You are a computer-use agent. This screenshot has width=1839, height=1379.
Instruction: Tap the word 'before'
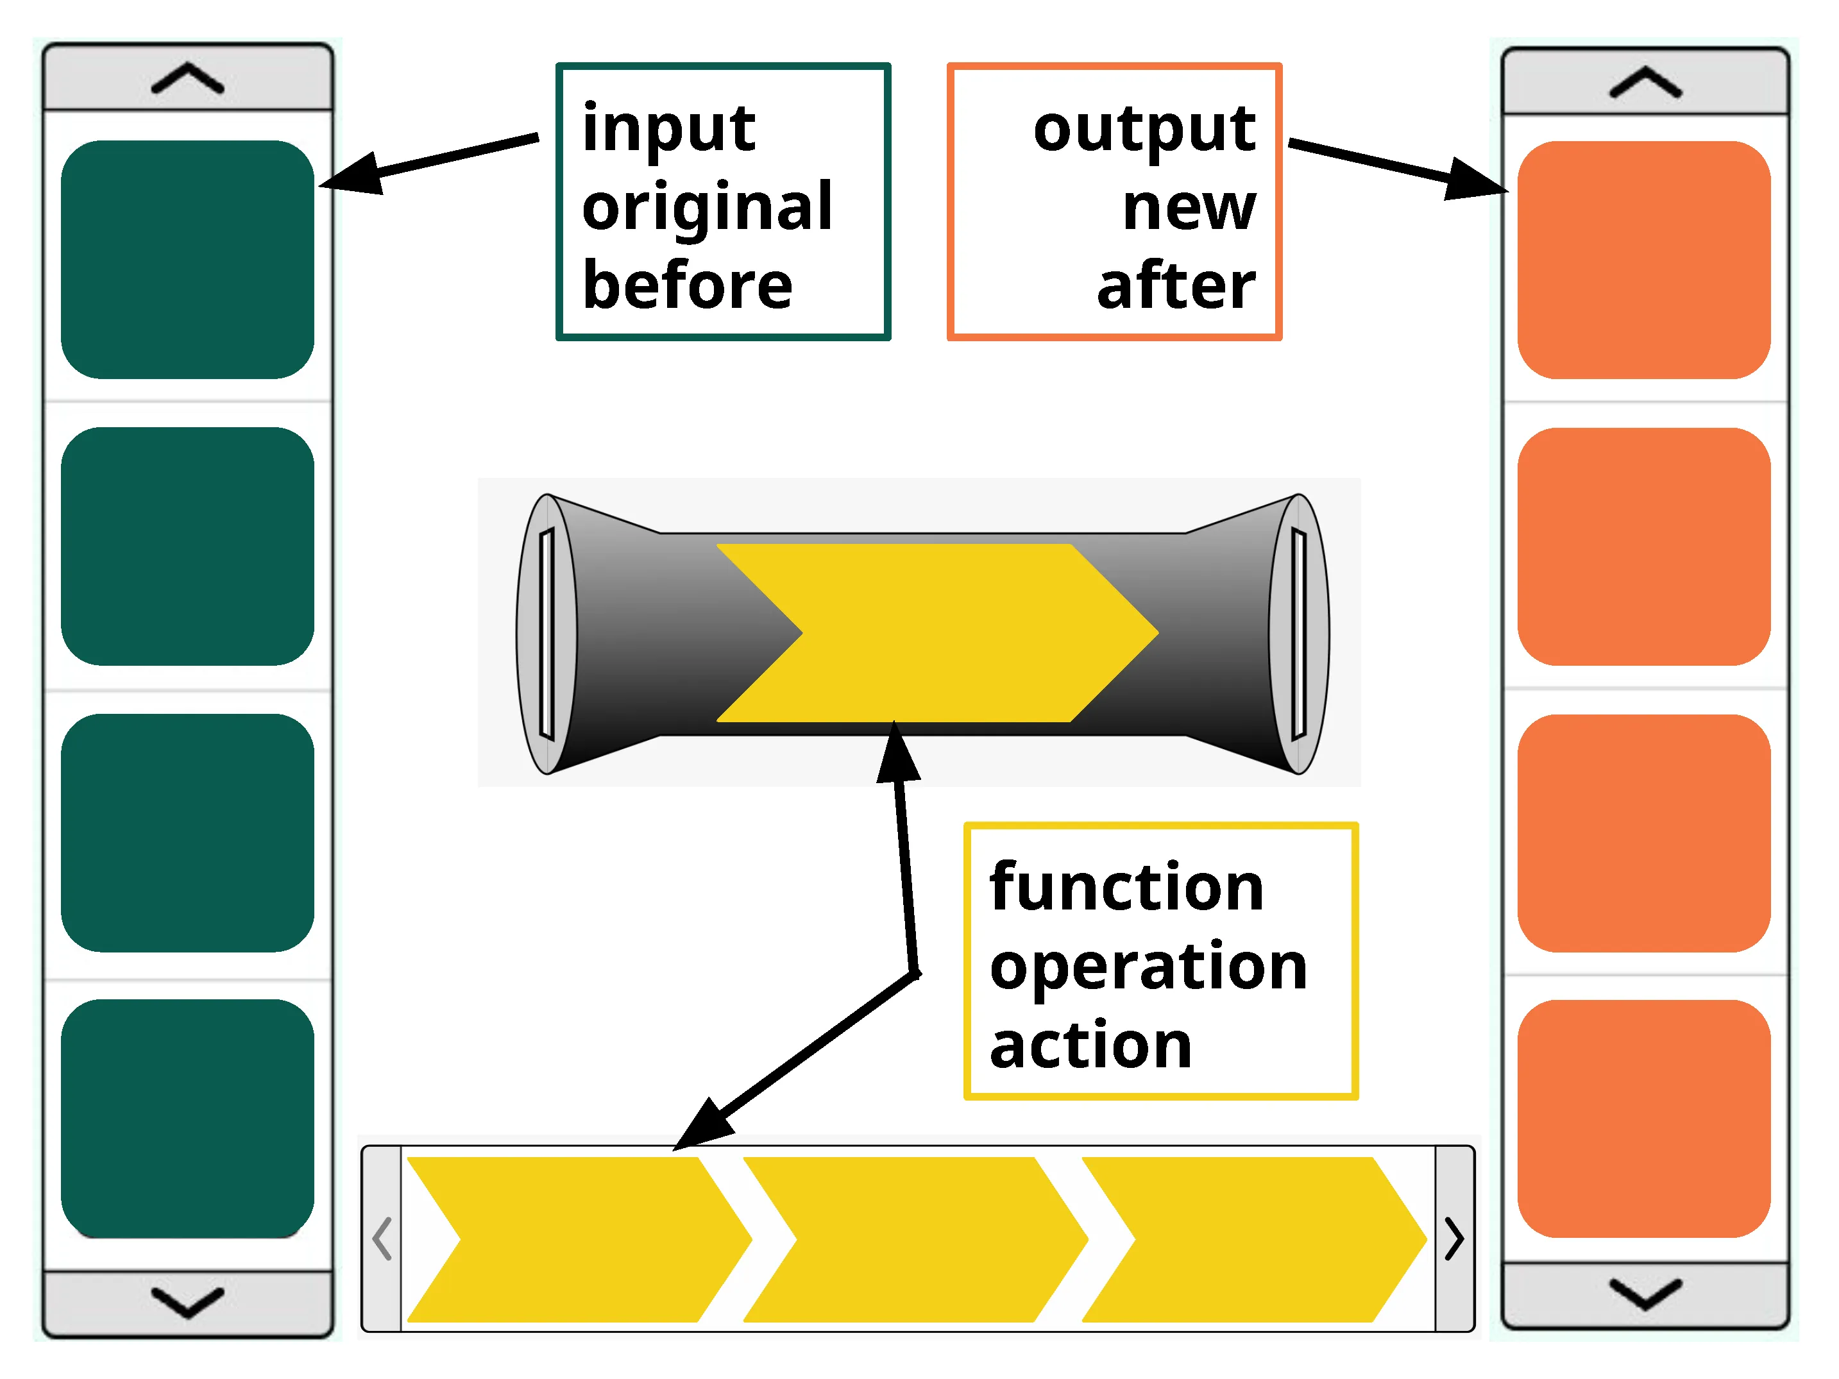(687, 285)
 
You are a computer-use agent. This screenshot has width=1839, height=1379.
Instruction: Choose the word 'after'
(1176, 285)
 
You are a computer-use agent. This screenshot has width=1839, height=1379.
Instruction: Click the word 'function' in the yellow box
(1126, 887)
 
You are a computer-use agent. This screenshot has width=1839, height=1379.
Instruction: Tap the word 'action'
(1090, 1045)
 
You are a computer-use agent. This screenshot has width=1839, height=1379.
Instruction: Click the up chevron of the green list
(188, 79)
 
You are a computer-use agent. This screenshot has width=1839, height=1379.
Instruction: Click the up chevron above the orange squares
(1645, 83)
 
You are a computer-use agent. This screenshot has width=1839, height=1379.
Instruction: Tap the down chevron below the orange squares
(1645, 1294)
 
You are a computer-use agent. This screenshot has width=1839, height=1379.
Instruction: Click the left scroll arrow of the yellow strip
(382, 1239)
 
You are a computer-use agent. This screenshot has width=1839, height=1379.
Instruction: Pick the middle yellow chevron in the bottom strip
(915, 1239)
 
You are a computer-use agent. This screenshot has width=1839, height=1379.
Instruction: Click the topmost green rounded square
(188, 259)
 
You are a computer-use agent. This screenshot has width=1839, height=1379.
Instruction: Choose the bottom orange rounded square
(1643, 1118)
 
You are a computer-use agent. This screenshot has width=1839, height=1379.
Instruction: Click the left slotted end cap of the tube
(547, 634)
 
